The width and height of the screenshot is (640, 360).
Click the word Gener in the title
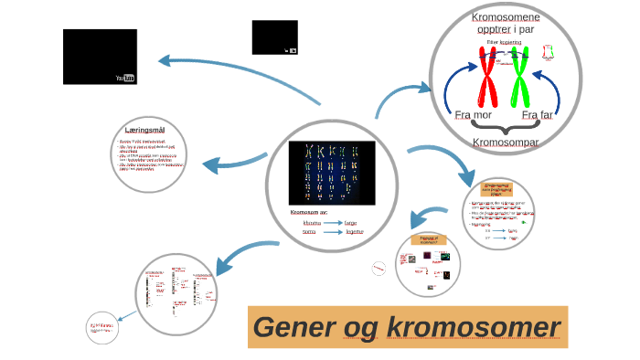point(293,328)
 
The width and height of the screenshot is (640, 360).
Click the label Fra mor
point(473,116)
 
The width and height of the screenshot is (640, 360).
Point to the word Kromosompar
point(505,143)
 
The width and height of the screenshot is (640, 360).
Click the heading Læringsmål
point(151,131)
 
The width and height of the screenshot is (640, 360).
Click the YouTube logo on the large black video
point(125,79)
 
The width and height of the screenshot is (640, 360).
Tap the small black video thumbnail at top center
point(274,37)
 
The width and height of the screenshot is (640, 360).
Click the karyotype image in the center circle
point(331,173)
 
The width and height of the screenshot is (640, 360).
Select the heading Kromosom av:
point(309,212)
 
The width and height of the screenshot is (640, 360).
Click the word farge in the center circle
point(352,222)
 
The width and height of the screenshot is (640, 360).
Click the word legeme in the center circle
point(353,232)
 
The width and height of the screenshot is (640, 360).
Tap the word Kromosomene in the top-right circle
point(505,17)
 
